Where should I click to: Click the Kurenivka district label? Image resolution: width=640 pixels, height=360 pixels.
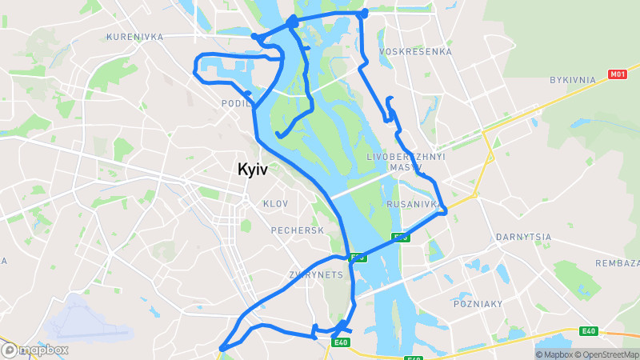pos(134,37)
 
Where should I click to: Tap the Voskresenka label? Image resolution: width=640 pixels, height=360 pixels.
pos(415,51)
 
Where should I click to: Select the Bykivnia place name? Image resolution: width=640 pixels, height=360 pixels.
pos(573,80)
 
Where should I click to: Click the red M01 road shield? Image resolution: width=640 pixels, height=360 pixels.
pos(616,74)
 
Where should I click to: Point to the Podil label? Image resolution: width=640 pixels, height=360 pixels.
pos(237,103)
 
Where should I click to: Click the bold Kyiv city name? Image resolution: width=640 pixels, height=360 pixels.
pos(252,169)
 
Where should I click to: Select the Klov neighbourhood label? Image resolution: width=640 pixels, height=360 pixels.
pos(274,204)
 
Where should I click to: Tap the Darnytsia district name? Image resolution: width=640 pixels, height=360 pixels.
pos(523,237)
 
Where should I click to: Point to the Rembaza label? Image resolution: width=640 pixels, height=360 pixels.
pos(618,263)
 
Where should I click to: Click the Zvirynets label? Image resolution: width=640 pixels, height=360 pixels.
pos(315,274)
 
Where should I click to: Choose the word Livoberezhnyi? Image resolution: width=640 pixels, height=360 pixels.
pos(406,156)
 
